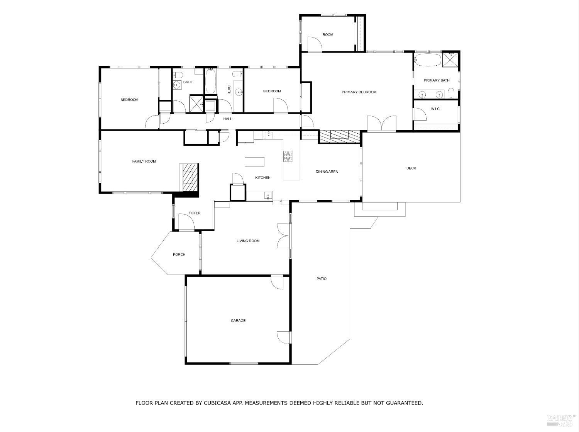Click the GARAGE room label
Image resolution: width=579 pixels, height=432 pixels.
pos(238,320)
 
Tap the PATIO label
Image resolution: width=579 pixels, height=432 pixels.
pos(322,279)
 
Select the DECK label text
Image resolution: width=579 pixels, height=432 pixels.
pos(411,168)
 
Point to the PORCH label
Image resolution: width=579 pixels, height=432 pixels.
pos(179,254)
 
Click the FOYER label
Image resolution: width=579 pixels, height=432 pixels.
pos(195,213)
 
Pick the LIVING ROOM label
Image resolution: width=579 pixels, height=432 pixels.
pos(248,241)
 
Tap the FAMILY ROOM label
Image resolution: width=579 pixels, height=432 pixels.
pos(144,161)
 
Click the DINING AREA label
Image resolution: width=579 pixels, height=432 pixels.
pos(327,172)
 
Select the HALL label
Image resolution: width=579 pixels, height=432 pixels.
pos(228,119)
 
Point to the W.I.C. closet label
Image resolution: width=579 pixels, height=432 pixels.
pos(435,109)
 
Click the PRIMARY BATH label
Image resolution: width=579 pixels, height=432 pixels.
pos(437,80)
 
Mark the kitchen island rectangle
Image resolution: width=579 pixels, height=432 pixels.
pos(255,162)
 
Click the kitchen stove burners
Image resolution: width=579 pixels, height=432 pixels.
pos(288,156)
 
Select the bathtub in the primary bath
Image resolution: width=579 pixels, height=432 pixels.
pos(427,60)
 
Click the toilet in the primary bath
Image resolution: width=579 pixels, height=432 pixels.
pos(451,93)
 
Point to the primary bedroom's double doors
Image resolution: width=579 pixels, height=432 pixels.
pos(381,124)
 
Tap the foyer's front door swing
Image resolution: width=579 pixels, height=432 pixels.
pos(186,222)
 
